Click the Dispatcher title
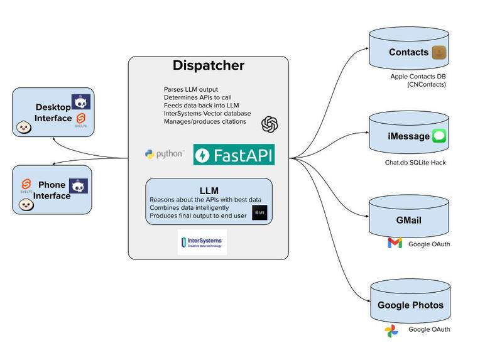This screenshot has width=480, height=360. (x=209, y=65)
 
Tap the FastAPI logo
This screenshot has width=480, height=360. (x=234, y=155)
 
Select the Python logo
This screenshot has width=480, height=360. (x=164, y=154)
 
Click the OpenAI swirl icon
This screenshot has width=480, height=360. (x=270, y=124)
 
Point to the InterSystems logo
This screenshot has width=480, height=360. (x=202, y=243)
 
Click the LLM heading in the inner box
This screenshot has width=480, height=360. (x=209, y=190)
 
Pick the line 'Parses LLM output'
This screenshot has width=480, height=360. (x=191, y=89)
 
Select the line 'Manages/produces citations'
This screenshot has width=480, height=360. (x=205, y=121)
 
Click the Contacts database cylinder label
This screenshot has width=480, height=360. (x=408, y=53)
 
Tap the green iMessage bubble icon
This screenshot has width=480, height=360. (x=439, y=136)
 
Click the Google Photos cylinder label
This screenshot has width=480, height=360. (x=410, y=305)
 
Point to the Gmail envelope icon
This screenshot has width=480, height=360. (x=395, y=243)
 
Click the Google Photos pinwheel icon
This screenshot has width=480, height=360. (x=391, y=330)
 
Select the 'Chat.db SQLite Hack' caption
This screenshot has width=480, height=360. (x=415, y=163)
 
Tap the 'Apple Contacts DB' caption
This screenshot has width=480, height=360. (x=418, y=77)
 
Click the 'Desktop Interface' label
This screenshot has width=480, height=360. (x=53, y=112)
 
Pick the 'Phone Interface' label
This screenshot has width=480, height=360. (x=52, y=190)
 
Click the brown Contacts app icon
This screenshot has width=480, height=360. (x=439, y=53)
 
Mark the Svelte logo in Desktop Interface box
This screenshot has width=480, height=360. (x=81, y=119)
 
